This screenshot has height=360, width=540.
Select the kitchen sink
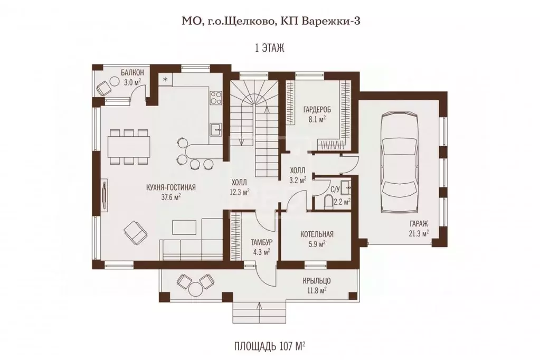pos(217,130)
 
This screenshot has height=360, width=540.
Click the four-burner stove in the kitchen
pos(216,97)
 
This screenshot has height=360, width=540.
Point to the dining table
pos(129,146)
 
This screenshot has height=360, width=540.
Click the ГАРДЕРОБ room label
pos(317,110)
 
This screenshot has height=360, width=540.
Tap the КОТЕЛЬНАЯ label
pos(317,234)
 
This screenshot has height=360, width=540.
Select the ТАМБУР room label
pos(261,242)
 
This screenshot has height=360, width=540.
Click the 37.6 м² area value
pos(171,197)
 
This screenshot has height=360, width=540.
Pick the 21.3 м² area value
pos(419,233)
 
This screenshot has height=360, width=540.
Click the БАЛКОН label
pos(132,72)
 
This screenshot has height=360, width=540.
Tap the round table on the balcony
pos(113,82)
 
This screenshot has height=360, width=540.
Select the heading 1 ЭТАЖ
pos(270,48)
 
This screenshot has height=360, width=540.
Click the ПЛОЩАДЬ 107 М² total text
pos(270,346)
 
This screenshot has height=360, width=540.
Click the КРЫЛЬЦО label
pos(317,281)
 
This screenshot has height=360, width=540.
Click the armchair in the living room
pos(135,232)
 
